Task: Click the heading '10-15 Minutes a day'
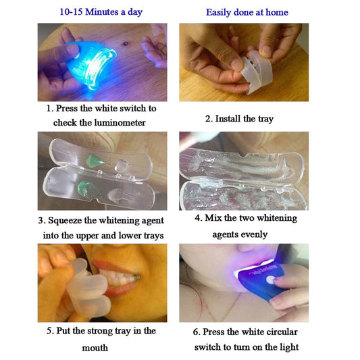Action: [x=101, y=12]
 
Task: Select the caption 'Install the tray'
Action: [x=244, y=118]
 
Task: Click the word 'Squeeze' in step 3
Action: [x=69, y=220]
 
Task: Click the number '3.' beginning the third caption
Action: [x=42, y=220]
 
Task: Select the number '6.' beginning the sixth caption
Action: [x=197, y=332]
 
